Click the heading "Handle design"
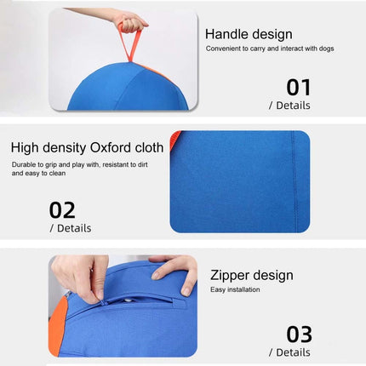(248, 35)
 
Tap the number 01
(298, 87)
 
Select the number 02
(62, 210)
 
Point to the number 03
(298, 335)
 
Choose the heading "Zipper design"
(251, 275)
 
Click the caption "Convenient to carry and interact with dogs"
(269, 49)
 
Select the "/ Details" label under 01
(289, 106)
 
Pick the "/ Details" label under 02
(71, 228)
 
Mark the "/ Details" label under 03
(289, 352)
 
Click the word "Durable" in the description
(25, 163)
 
